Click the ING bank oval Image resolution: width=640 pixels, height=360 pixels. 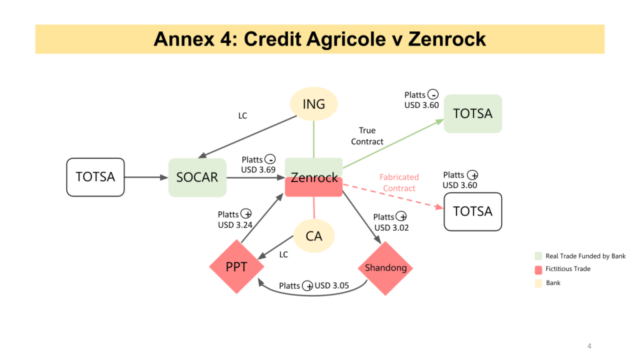click(x=314, y=104)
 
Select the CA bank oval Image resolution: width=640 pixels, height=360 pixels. click(x=314, y=236)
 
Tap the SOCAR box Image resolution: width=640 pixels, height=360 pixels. click(x=197, y=177)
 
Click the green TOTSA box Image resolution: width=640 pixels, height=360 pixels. click(x=472, y=113)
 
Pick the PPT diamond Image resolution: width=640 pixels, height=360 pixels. click(x=236, y=267)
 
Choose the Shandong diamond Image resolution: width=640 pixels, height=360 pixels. click(x=386, y=267)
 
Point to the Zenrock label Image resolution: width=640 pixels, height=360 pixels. click(x=314, y=177)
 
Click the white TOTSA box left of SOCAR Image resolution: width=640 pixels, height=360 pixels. click(x=95, y=177)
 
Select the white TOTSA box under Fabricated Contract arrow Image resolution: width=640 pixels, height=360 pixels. click(x=472, y=211)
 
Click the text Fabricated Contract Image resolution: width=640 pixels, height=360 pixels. click(x=399, y=182)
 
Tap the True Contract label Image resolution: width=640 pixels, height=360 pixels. click(x=367, y=136)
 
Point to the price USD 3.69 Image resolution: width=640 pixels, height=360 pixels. click(x=258, y=169)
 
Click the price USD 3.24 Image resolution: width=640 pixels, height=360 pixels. click(x=235, y=225)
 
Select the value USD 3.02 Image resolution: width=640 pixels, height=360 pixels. click(x=391, y=227)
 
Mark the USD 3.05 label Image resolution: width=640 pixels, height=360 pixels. click(x=331, y=286)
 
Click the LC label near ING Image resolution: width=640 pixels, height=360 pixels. click(x=242, y=116)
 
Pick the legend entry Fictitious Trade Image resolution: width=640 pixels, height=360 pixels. click(x=567, y=269)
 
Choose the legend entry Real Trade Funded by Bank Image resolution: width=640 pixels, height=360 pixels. click(x=585, y=256)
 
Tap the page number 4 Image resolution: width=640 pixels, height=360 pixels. click(x=589, y=346)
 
